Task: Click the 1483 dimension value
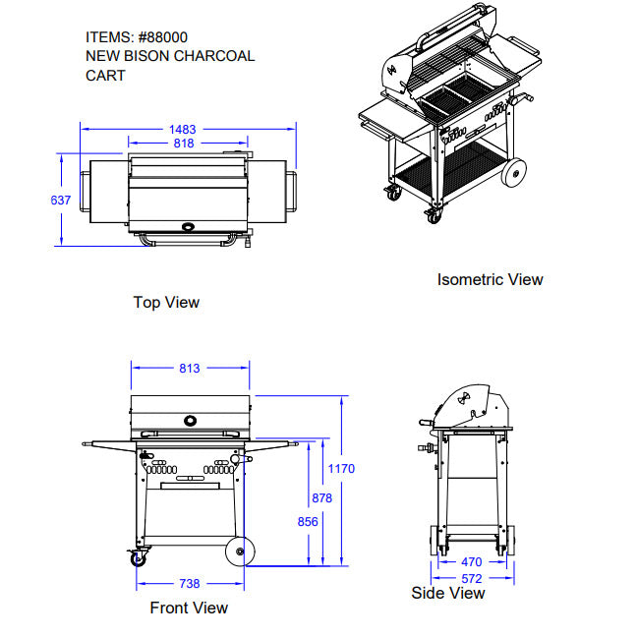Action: (182, 130)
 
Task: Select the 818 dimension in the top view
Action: (184, 144)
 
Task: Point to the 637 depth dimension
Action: (61, 200)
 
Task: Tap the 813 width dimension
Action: (190, 369)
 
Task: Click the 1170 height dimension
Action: (341, 469)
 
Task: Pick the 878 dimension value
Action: (321, 498)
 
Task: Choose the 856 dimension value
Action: (308, 522)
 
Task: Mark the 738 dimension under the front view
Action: (190, 584)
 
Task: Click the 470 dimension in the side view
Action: (472, 562)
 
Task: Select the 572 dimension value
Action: (472, 578)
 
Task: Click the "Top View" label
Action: (166, 303)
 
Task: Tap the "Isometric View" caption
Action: (491, 279)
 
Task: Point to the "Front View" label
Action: (189, 608)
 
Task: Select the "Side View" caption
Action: (448, 593)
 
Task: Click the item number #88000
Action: (163, 37)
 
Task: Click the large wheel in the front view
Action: (240, 551)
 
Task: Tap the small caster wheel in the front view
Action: (139, 559)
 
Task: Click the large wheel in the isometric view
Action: (514, 172)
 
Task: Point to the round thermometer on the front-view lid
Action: (190, 421)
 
